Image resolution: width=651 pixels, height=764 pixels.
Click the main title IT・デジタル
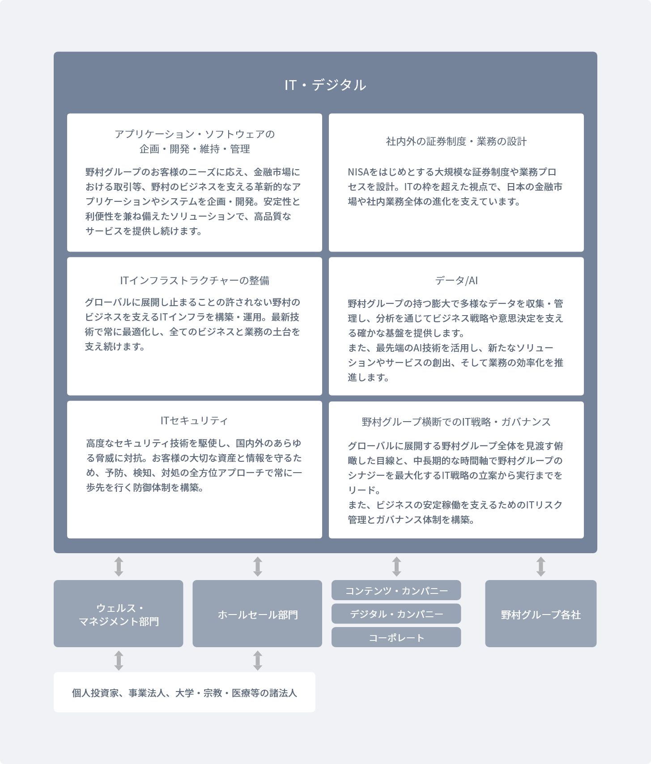coord(325,85)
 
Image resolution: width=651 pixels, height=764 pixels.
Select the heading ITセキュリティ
coord(194,420)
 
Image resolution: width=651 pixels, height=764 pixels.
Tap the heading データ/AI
coord(456,280)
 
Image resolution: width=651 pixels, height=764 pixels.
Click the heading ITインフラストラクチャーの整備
coord(195,280)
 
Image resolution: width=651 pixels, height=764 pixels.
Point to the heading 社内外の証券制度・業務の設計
coord(456,141)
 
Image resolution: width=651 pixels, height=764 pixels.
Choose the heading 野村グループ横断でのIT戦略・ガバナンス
coord(456,422)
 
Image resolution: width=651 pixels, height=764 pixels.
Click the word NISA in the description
coord(358,172)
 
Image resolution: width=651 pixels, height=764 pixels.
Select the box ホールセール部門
coord(257,614)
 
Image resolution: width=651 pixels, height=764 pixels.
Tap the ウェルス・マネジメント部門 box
coord(119,614)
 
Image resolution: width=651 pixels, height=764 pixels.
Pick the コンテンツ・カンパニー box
coord(396,591)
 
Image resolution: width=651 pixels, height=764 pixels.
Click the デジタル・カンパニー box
coord(396,614)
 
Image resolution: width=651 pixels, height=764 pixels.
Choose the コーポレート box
coord(396,637)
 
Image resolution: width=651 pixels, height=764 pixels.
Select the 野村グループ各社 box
coord(540,614)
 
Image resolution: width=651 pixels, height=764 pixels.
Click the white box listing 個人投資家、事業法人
coord(184,692)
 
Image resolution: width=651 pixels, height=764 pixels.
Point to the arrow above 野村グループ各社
coord(540,567)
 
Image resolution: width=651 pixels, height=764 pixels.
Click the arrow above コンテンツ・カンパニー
coord(396,567)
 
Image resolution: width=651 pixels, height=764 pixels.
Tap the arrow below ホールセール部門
coord(257,660)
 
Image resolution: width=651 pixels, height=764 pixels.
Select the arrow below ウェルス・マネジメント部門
coord(119,660)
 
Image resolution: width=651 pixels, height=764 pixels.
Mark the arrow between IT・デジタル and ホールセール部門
coord(257,567)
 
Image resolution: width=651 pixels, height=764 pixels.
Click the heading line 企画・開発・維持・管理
coord(195,149)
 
